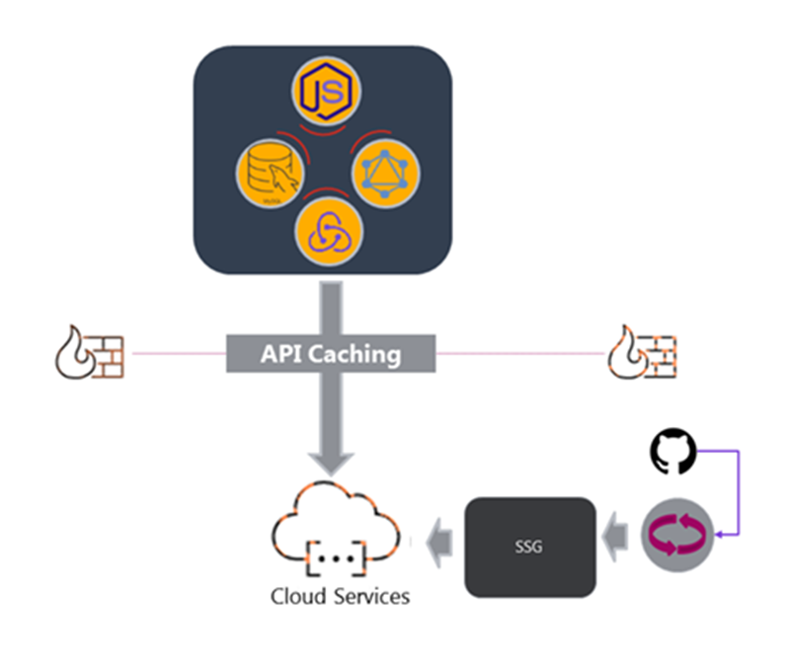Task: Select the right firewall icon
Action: click(642, 352)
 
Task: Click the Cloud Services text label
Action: click(341, 597)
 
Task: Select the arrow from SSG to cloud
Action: click(439, 539)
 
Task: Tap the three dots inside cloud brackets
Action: click(337, 559)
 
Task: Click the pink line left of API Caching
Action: click(178, 352)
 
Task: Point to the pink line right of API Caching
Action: click(518, 352)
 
